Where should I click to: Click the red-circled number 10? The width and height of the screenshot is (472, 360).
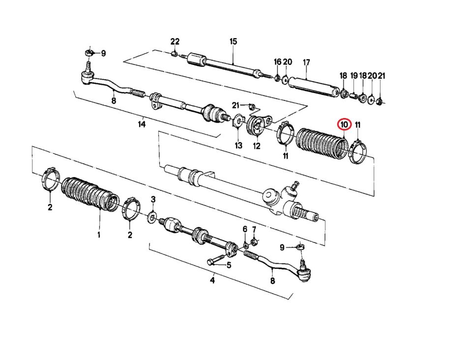344,124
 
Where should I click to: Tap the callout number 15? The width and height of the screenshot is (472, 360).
233,41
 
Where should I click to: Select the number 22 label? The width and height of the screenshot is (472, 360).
175,41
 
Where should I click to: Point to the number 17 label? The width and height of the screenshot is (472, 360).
306,62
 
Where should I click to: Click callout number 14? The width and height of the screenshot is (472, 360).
142,124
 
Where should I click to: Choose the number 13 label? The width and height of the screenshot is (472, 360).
238,146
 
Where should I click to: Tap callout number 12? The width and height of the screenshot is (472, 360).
257,146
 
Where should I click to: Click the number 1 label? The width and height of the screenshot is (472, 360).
98,235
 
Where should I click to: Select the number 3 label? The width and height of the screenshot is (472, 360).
153,199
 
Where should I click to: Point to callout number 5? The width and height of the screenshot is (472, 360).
229,265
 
